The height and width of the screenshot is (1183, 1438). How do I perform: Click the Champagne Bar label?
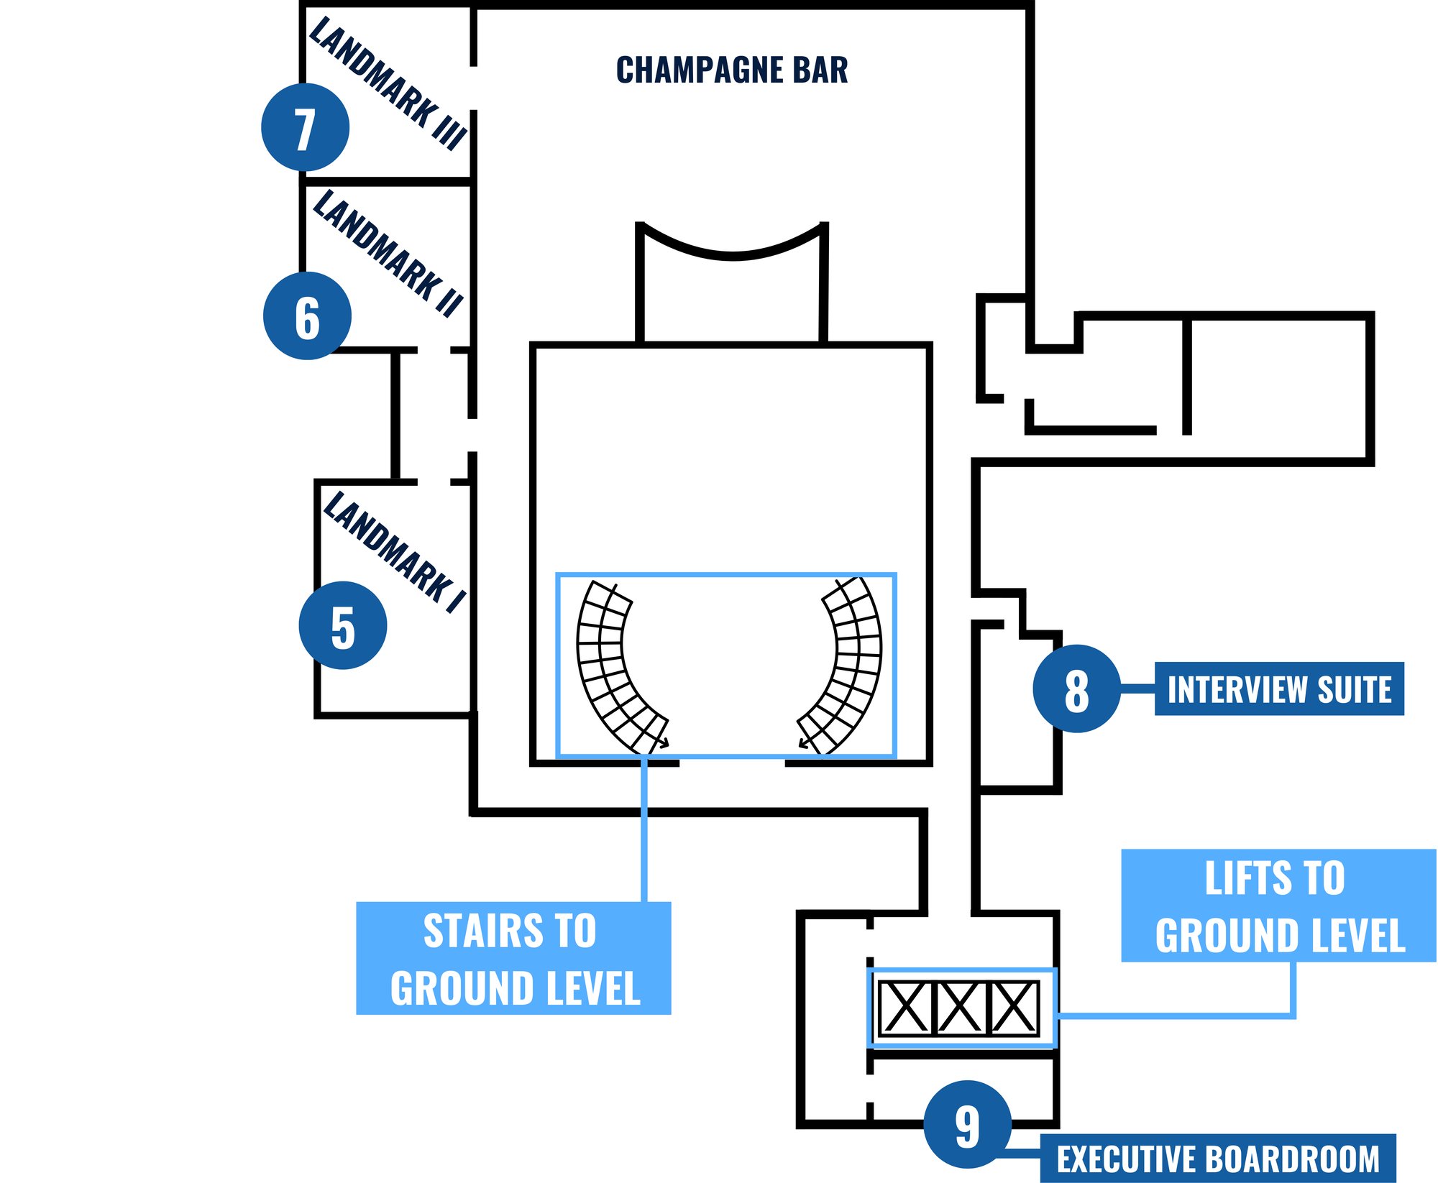pos(732,70)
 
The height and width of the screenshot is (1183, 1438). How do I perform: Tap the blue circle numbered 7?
pos(305,127)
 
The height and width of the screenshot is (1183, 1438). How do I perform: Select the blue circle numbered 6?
pos(307,316)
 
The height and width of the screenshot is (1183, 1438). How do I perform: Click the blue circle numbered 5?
pos(342,625)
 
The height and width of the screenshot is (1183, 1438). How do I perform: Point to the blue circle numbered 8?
pos(1076,689)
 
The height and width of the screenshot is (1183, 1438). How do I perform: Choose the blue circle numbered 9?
pos(967,1124)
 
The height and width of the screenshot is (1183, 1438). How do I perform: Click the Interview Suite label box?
pos(1278,689)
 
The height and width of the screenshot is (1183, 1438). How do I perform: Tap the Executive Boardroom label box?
pos(1217,1159)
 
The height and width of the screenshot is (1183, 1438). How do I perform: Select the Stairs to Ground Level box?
pos(513,958)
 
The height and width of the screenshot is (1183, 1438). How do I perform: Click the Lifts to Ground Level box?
pos(1278,906)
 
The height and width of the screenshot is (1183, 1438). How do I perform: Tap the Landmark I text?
pos(395,552)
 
